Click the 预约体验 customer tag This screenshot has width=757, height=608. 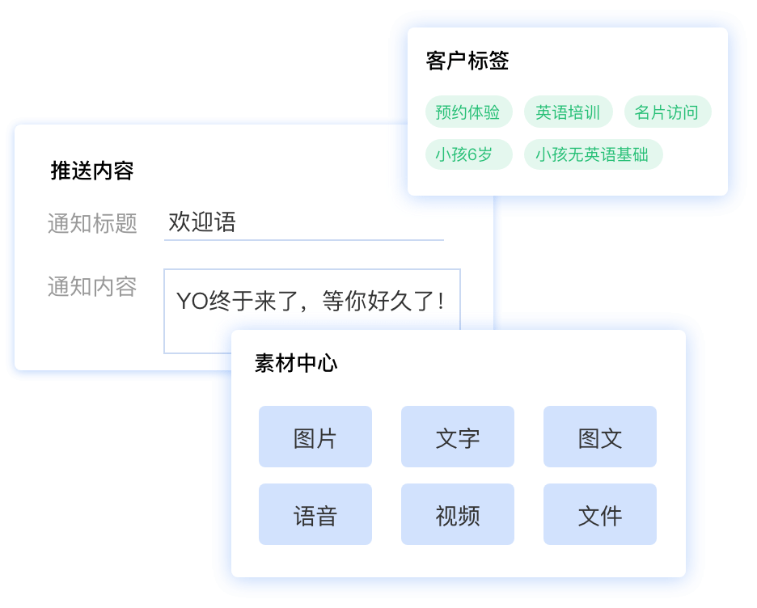tap(468, 112)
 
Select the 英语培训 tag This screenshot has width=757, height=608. tap(569, 112)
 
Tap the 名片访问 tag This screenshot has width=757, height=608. tap(667, 112)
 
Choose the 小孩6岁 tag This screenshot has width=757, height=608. tap(468, 154)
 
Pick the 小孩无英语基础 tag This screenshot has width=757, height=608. tap(593, 154)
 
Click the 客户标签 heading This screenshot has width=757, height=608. tap(467, 61)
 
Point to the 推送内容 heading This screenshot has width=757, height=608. tap(92, 171)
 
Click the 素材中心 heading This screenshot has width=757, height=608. tap(296, 363)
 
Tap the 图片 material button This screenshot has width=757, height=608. tap(315, 437)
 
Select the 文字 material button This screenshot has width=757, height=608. tap(458, 437)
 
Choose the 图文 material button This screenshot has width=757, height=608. tap(600, 437)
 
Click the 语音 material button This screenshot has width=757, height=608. tap(315, 514)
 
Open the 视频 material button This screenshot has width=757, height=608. tap(458, 514)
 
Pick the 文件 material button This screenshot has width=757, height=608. tap(600, 514)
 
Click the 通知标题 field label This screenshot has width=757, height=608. tap(92, 223)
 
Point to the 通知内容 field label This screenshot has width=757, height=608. tap(92, 287)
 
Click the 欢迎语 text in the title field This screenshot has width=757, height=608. tap(202, 222)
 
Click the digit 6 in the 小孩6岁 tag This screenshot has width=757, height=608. tap(472, 155)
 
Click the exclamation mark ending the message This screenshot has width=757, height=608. tap(441, 301)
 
